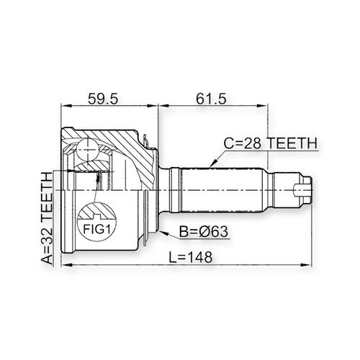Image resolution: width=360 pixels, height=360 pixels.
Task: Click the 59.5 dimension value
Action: coord(103,99)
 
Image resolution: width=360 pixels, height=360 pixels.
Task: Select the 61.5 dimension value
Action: coord(211,99)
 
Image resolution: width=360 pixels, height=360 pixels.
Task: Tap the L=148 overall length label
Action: coord(191,257)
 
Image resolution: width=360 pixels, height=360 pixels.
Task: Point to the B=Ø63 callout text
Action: coord(204,232)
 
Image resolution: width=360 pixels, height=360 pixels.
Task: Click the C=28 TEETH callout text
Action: coord(271,143)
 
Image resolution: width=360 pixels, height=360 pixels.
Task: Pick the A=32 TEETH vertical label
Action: coord(47,219)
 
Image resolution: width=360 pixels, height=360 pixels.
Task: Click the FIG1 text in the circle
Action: coord(96,229)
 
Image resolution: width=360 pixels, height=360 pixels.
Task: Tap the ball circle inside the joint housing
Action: coord(88,149)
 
